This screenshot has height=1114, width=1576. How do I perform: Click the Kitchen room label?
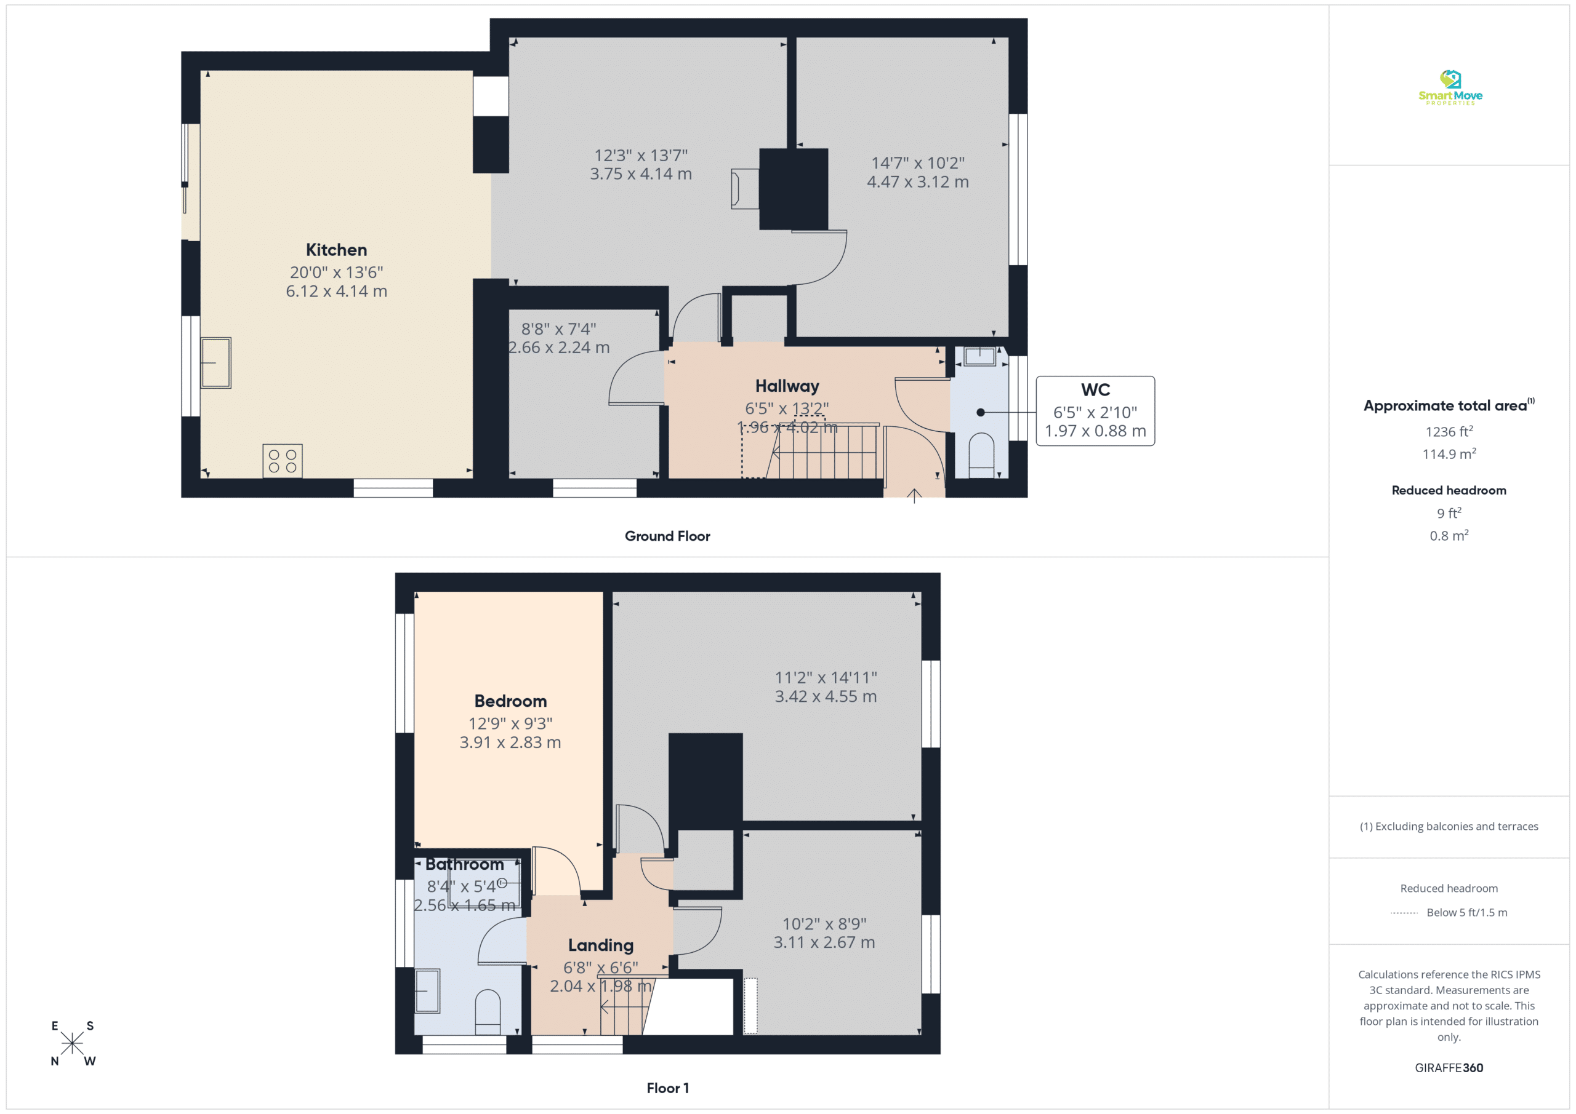pos(336,250)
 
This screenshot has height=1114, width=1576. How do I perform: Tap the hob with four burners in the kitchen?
pos(282,461)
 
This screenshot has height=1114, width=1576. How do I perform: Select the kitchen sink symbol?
pos(215,363)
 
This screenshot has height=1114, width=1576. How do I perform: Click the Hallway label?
pos(787,386)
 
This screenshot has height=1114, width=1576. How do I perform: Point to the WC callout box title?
pos(1096,389)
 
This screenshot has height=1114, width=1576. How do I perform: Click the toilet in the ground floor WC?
pos(981,455)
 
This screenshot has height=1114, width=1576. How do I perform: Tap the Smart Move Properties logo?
pos(1450,88)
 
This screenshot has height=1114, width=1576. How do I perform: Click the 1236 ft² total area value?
pos(1449,431)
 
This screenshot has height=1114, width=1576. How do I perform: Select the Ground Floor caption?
pos(667,536)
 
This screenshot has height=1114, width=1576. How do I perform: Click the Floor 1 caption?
pos(667,1088)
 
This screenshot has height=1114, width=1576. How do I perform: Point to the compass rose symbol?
pos(72,1043)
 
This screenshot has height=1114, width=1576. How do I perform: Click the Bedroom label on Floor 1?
pos(511,701)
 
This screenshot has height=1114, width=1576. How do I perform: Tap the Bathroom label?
pos(465,864)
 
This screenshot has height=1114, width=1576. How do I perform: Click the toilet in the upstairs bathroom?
pos(488,1012)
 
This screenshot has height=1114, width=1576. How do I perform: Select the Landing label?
pos(601,945)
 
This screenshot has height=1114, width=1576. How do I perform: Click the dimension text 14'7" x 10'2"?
pos(918,163)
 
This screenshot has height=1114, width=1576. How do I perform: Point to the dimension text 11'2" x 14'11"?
pos(826,678)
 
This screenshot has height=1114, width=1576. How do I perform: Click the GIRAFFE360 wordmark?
pos(1449,1068)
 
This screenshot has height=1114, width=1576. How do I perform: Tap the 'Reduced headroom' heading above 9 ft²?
pos(1449,490)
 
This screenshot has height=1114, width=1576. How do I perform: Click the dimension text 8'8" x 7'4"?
pos(559,329)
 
